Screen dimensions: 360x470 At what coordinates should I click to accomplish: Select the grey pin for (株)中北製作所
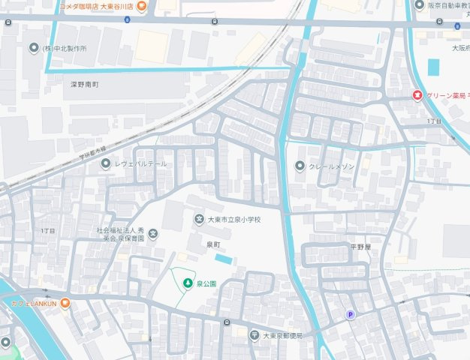[x=34, y=49]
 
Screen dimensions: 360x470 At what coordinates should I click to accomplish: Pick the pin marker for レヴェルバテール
[x=104, y=164]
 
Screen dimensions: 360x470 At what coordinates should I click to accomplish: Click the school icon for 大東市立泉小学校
[x=199, y=219]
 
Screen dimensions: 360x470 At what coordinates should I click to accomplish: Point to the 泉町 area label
[x=215, y=244]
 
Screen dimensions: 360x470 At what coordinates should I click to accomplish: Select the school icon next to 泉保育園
[x=153, y=234]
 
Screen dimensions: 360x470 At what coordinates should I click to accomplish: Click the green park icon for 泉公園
[x=188, y=283]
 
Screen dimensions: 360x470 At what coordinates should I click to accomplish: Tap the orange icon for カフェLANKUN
[x=65, y=302]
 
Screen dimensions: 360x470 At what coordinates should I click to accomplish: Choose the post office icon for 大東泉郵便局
[x=255, y=334]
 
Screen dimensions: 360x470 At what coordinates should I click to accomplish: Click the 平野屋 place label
[x=360, y=246]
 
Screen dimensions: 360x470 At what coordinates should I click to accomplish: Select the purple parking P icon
[x=349, y=315]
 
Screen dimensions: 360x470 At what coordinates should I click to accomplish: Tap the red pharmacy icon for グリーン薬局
[x=417, y=95]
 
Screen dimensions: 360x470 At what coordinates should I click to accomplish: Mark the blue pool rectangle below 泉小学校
[x=224, y=259]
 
